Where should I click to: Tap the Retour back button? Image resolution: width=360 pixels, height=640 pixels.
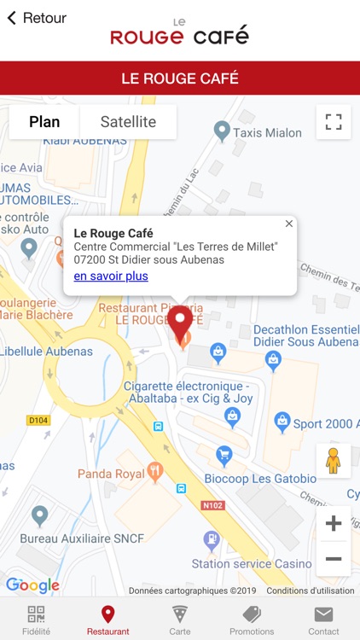37,18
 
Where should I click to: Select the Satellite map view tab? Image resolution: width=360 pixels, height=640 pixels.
128,122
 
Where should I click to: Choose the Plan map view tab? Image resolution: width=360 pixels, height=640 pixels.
44,122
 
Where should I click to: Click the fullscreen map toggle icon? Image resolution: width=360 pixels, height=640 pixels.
333,122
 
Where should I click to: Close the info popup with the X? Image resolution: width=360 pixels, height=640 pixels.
288,224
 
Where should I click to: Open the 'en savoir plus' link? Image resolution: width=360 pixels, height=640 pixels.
111,276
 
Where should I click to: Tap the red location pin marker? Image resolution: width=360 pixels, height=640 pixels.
179,323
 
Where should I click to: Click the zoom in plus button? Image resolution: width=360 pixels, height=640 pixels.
333,523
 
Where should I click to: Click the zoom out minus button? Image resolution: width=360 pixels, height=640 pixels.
333,560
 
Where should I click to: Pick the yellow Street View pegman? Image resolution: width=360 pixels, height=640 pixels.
333,461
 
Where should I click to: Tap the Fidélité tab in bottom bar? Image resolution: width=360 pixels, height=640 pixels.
36,620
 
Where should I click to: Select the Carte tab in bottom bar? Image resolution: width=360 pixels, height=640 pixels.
180,620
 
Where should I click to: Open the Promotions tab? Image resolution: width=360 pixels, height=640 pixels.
252,620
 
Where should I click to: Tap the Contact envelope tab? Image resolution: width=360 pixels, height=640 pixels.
323,620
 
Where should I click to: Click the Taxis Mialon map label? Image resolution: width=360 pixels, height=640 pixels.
267,132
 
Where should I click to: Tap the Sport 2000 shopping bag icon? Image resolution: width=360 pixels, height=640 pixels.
282,422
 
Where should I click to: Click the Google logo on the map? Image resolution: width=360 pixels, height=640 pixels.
32,585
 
